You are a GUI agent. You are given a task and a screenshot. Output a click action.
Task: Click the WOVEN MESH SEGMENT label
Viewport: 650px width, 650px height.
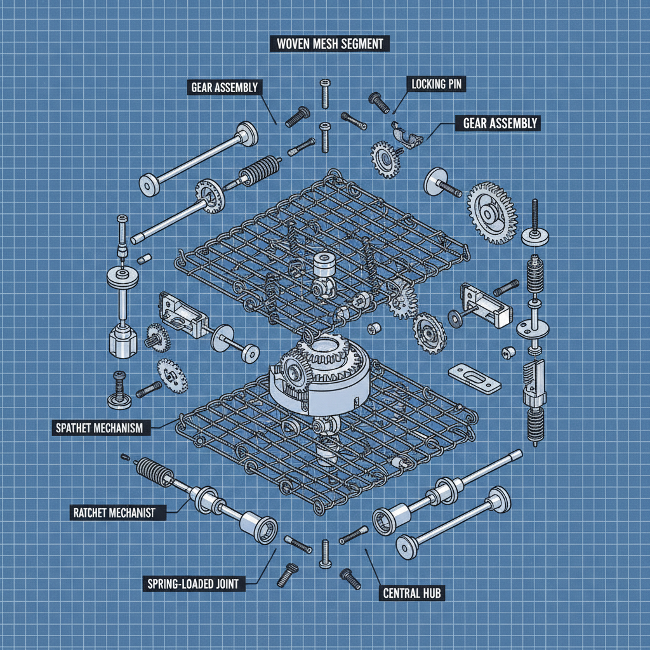[329, 44]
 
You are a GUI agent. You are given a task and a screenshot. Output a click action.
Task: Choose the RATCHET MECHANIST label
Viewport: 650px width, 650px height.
[116, 511]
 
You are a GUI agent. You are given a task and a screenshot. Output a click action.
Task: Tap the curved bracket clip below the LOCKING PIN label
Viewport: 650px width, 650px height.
[408, 135]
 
